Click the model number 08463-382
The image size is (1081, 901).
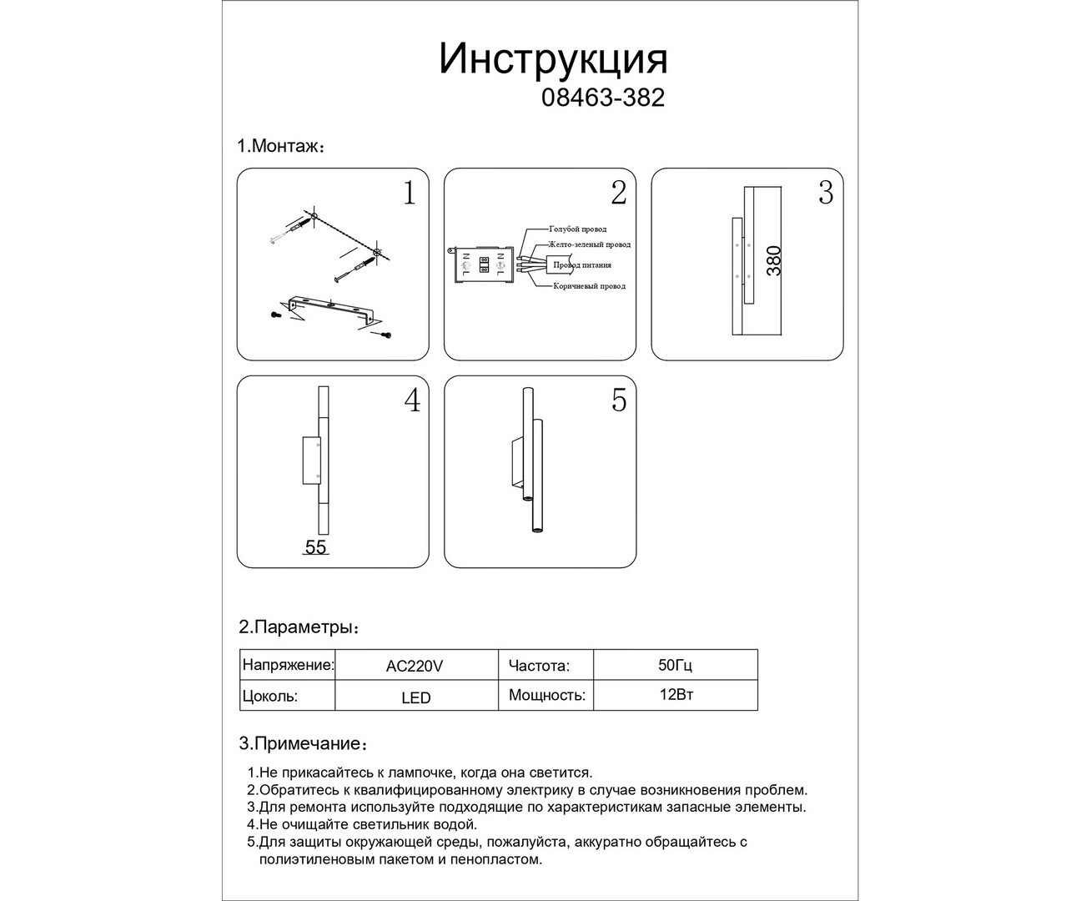[x=603, y=98]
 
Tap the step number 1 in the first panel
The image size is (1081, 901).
[x=409, y=194]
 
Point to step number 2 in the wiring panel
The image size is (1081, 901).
[x=618, y=193]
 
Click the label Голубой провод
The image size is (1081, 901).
[x=577, y=229]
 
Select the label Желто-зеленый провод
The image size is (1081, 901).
[x=589, y=244]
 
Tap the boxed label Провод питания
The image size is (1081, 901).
[x=581, y=265]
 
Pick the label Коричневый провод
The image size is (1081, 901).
[x=589, y=286]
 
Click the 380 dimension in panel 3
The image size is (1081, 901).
[x=774, y=261]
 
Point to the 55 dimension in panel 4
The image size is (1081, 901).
[x=315, y=547]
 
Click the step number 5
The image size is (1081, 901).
[x=618, y=400]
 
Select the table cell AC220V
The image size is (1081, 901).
[x=415, y=667]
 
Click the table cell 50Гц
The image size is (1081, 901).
[x=675, y=666]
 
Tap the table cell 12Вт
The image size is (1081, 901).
[x=676, y=695]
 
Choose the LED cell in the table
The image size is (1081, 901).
[x=415, y=697]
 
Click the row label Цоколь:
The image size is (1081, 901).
[x=269, y=696]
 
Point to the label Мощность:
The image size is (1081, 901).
[x=546, y=695]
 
